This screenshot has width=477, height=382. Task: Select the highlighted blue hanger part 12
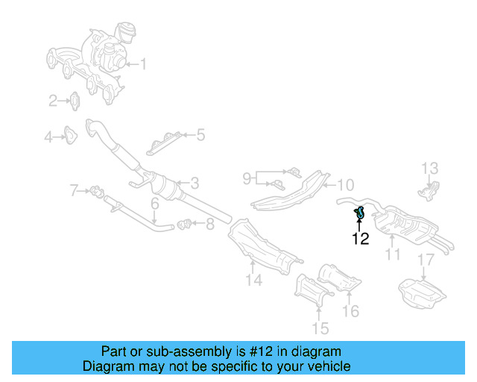(x=359, y=213)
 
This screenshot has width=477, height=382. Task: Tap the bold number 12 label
(x=361, y=239)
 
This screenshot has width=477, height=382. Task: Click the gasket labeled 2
(x=76, y=99)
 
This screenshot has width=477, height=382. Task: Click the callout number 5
(x=200, y=135)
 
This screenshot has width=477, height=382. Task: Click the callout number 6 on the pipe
(x=154, y=203)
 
